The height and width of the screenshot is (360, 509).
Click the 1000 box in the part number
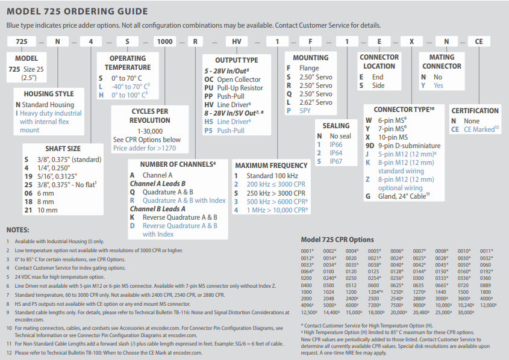coord(164,42)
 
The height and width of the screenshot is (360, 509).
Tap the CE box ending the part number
coord(479,42)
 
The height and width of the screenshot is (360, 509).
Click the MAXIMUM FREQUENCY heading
coord(271,166)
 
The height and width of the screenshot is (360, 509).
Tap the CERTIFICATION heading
coord(475,111)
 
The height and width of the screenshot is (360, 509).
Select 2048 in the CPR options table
coord(329,298)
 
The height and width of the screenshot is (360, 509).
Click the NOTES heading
coord(19,230)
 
